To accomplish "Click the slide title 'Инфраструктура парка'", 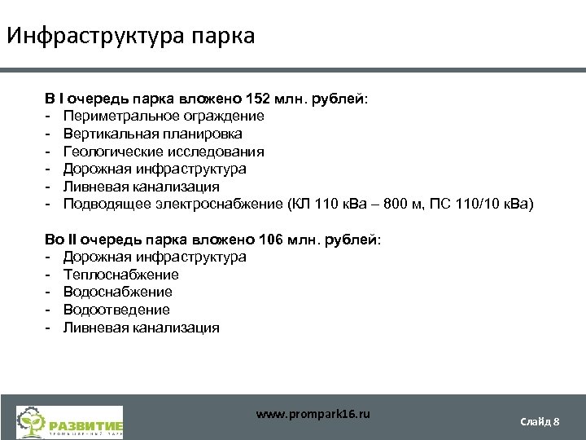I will pos(130,37).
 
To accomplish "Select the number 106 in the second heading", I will pos(269,240).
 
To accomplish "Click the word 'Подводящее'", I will pos(103,205).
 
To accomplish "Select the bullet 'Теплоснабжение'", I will pos(120,275).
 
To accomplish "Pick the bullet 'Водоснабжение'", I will pos(118,292).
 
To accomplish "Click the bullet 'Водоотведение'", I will pos(116,310).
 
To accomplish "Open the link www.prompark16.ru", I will pos(313,414).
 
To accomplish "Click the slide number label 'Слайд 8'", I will pos(540,421).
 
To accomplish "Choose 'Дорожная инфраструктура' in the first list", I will pos(155,169).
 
